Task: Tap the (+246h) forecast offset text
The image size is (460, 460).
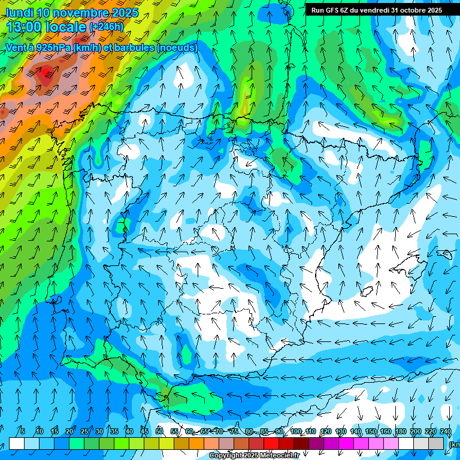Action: [x=106, y=27]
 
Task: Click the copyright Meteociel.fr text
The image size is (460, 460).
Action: [x=254, y=456]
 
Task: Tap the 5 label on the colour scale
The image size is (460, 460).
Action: [x=23, y=432]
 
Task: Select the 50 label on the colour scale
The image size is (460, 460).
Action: [x=159, y=432]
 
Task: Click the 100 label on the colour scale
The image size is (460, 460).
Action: [x=295, y=432]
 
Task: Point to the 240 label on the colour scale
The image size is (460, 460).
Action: [x=445, y=432]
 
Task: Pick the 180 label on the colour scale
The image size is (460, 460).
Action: [x=400, y=432]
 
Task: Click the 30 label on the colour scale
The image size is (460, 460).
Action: [x=99, y=432]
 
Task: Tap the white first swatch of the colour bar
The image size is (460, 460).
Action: [x=17, y=443]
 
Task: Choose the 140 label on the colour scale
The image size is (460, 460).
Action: [x=355, y=432]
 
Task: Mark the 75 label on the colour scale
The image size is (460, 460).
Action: [x=234, y=432]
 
